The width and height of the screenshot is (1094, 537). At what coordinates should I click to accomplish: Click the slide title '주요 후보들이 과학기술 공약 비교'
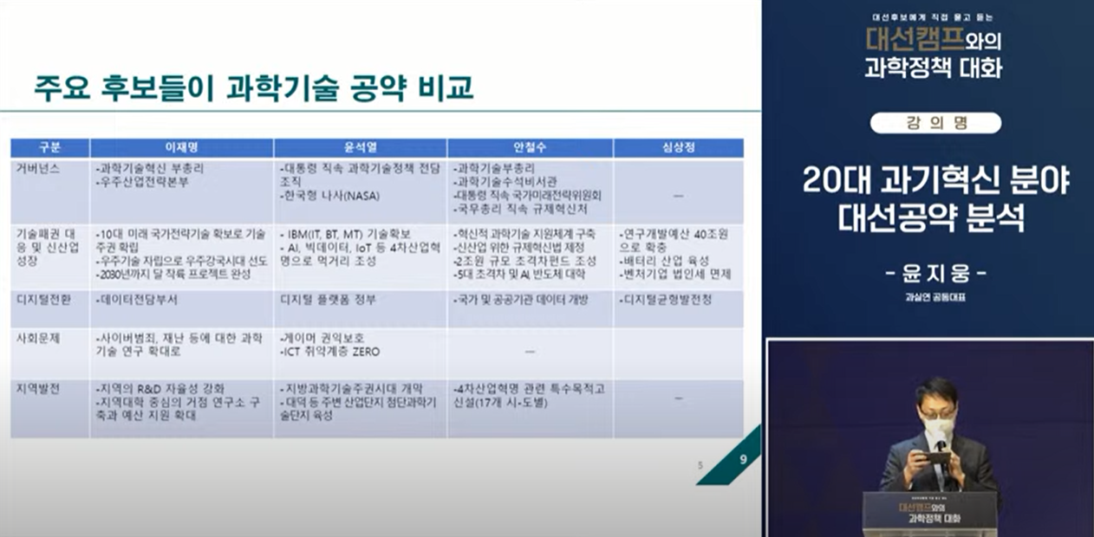click(253, 87)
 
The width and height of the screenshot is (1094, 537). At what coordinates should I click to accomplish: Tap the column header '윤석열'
click(360, 147)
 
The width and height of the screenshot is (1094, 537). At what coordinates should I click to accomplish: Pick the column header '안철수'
click(530, 147)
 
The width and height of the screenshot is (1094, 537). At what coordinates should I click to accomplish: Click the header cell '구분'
click(50, 147)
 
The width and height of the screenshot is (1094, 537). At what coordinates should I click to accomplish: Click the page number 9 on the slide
click(743, 459)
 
